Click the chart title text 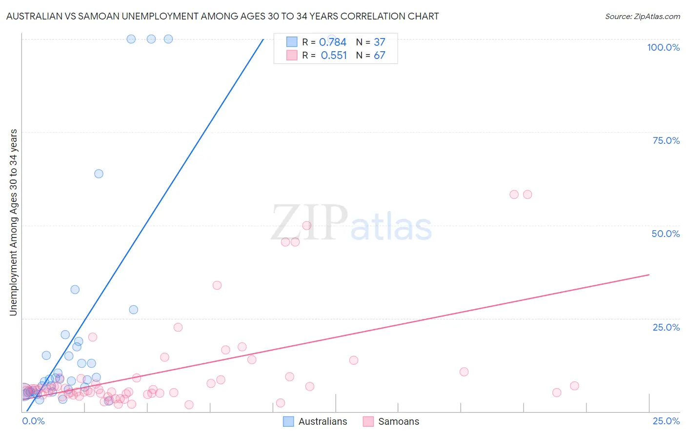click(x=222, y=16)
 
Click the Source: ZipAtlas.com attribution click(x=642, y=16)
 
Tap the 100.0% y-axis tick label click(x=663, y=47)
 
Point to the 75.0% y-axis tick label click(x=666, y=140)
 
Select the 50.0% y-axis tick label click(x=666, y=234)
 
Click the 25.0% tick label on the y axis click(x=666, y=327)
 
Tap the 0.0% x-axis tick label click(x=34, y=421)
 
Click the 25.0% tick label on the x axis click(x=666, y=421)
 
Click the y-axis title click(x=14, y=222)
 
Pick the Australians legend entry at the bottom click(x=315, y=421)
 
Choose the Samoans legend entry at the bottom click(x=391, y=421)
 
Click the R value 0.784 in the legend click(x=332, y=42)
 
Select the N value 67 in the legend click(x=379, y=56)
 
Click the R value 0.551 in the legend click(x=334, y=56)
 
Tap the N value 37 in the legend click(x=379, y=42)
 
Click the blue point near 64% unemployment click(x=99, y=174)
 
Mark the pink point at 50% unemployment click(x=307, y=225)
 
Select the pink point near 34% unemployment click(x=217, y=285)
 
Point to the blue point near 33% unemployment click(x=75, y=290)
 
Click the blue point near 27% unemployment click(x=133, y=310)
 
